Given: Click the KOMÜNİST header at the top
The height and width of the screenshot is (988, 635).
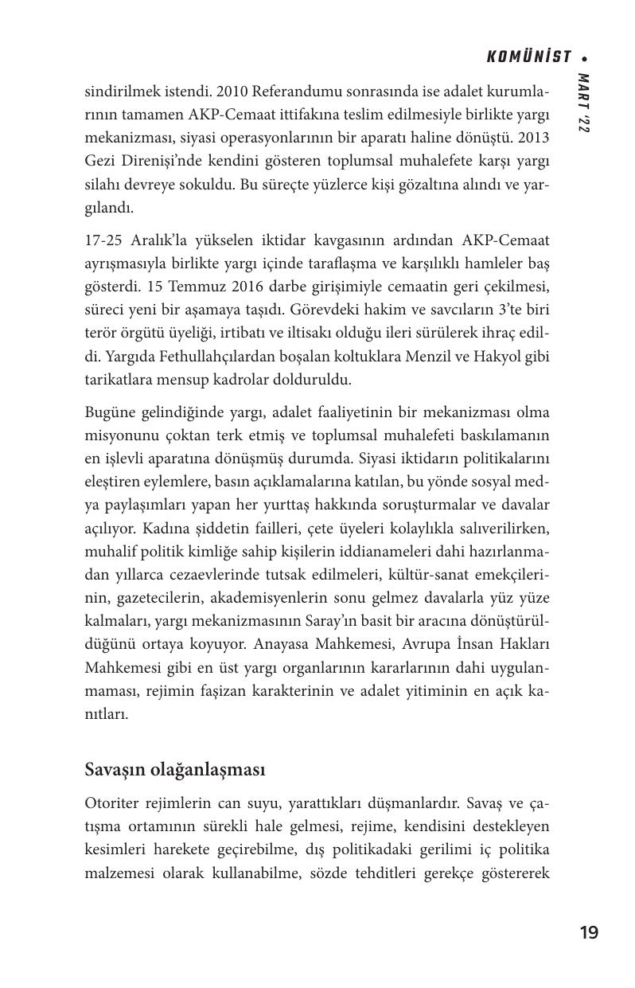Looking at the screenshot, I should pyautogui.click(x=529, y=57).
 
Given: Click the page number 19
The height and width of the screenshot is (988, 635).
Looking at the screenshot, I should pyautogui.click(x=589, y=933).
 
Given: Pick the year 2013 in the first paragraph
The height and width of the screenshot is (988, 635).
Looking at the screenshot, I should pyautogui.click(x=532, y=139).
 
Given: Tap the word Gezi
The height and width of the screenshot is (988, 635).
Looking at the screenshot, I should pyautogui.click(x=100, y=162).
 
